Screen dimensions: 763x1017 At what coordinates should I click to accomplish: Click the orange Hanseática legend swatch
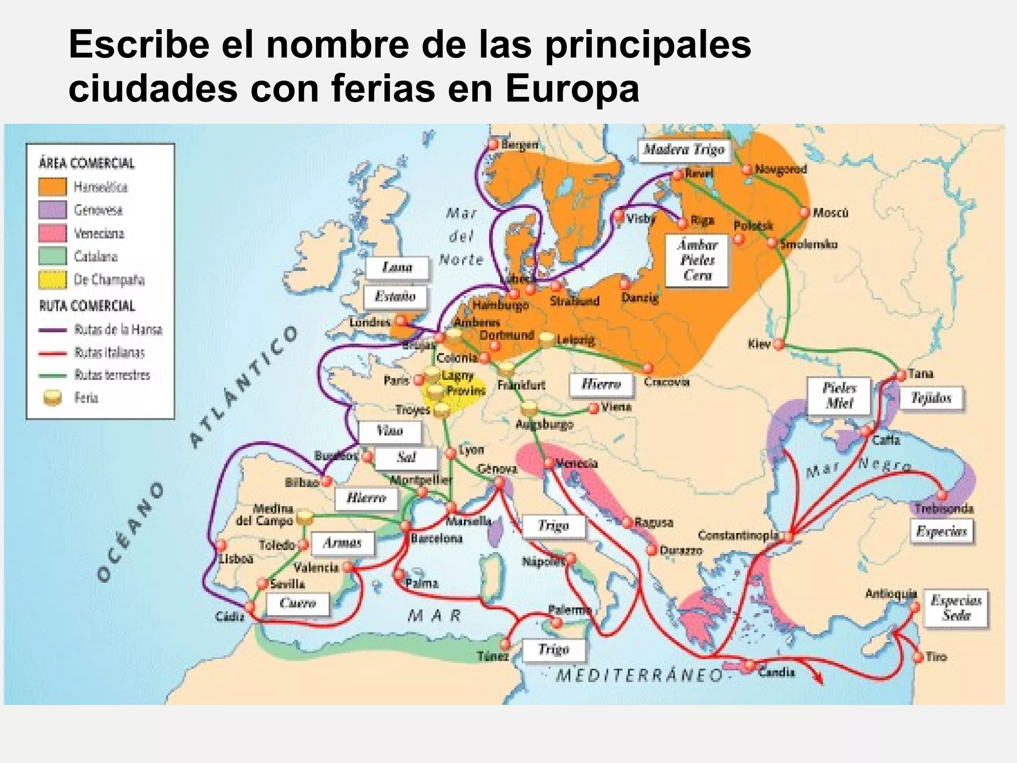coord(52,187)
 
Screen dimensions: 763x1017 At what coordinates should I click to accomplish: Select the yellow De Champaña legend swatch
coord(52,280)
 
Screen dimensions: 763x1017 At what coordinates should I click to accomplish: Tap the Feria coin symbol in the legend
coord(52,398)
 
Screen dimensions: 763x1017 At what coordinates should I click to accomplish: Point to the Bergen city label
coord(519,145)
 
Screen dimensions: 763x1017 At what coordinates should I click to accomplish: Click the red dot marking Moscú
coord(804,213)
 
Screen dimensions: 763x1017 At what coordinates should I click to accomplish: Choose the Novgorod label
coord(781,169)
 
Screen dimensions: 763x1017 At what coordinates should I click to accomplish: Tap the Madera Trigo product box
coord(684,150)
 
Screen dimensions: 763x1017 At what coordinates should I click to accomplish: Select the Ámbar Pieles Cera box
coord(697,260)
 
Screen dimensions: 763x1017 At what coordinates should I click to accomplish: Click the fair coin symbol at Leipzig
coord(547,339)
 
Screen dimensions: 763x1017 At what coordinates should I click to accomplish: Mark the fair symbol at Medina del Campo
coord(304,518)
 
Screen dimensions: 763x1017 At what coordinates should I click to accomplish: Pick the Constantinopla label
coord(738,535)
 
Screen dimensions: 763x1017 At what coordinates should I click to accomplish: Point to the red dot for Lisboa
coord(220,545)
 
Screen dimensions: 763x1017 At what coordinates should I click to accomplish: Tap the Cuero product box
coord(298,604)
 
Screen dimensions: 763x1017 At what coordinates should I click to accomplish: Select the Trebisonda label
coord(944,509)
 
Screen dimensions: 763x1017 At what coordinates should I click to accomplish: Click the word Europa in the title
coord(573,89)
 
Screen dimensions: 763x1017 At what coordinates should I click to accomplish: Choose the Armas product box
coord(342,543)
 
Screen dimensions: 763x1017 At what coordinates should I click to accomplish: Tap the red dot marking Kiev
coord(779,344)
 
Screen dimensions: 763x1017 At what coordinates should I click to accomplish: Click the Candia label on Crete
coord(776,672)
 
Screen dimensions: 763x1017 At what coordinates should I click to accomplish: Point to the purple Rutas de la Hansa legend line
coord(53,330)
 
